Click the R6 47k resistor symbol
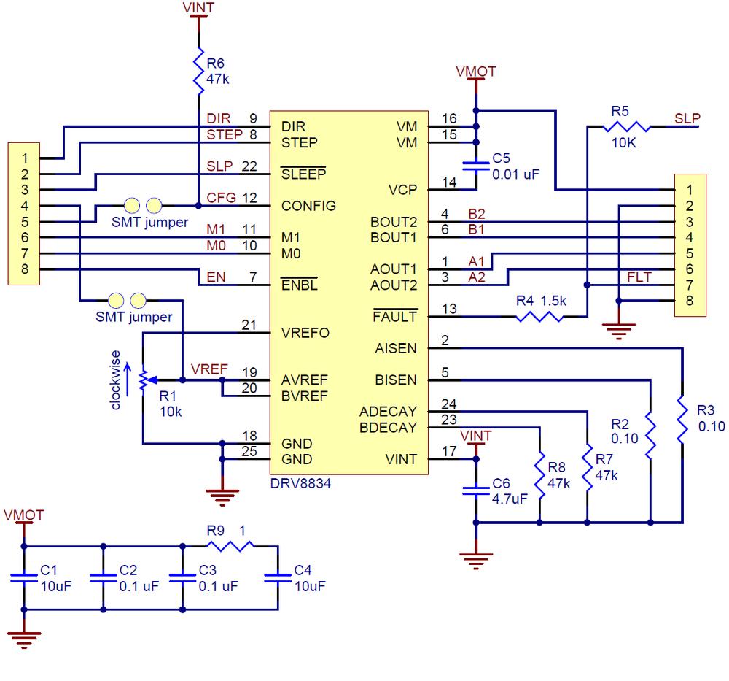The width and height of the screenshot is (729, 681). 198,71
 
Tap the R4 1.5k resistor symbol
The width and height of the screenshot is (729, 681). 539,316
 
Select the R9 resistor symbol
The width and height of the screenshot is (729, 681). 230,545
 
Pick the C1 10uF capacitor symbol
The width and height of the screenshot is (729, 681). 24,577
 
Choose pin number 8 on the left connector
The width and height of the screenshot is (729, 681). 25,269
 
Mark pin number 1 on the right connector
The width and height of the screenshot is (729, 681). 689,189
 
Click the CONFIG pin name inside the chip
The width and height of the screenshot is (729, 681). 308,206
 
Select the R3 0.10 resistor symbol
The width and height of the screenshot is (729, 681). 682,420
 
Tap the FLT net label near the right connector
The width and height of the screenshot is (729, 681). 638,276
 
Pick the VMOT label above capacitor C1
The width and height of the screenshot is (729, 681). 23,515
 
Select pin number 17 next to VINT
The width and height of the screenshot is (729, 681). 449,451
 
